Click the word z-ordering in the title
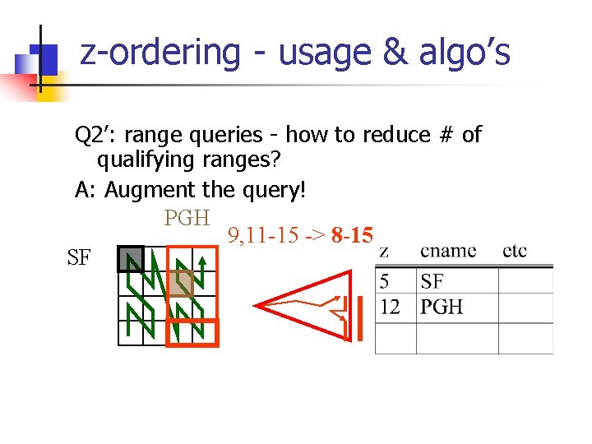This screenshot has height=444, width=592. [160, 53]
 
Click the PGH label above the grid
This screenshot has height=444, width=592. [187, 218]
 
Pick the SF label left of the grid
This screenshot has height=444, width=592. [79, 258]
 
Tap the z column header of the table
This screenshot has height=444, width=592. [385, 250]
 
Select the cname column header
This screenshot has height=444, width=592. [448, 250]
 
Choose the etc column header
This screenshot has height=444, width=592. [515, 250]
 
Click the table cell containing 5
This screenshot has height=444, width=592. [384, 282]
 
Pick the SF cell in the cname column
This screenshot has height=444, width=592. [432, 282]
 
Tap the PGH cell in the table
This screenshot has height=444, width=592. [442, 307]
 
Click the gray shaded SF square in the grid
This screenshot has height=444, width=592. [130, 259]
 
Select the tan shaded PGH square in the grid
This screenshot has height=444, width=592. [181, 284]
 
